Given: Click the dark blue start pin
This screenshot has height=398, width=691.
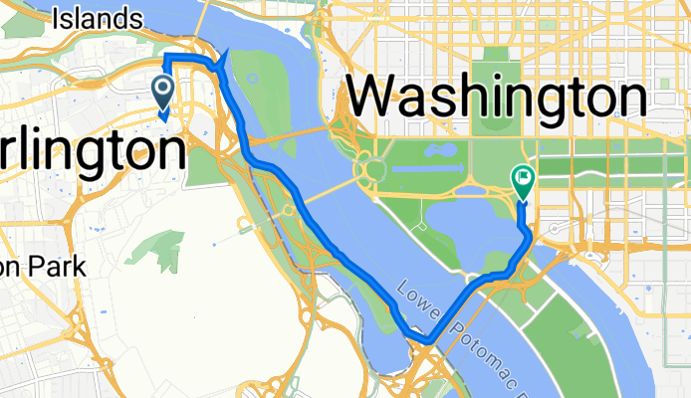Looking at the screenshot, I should [x=162, y=93].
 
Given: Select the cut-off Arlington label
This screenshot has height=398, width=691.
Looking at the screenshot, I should [x=92, y=152].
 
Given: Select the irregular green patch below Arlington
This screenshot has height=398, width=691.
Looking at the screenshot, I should [x=154, y=248].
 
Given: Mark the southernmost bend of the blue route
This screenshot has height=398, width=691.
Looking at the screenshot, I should [x=426, y=340].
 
